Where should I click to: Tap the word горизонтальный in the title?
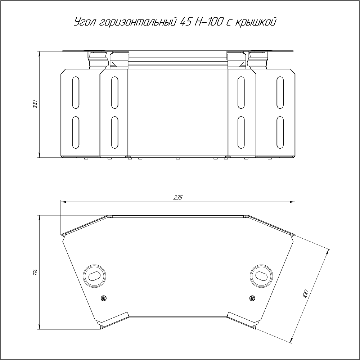tap(139, 23)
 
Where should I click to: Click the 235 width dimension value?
tap(178, 197)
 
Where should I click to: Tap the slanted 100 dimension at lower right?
tap(305, 294)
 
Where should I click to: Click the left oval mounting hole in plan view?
tap(94, 275)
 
